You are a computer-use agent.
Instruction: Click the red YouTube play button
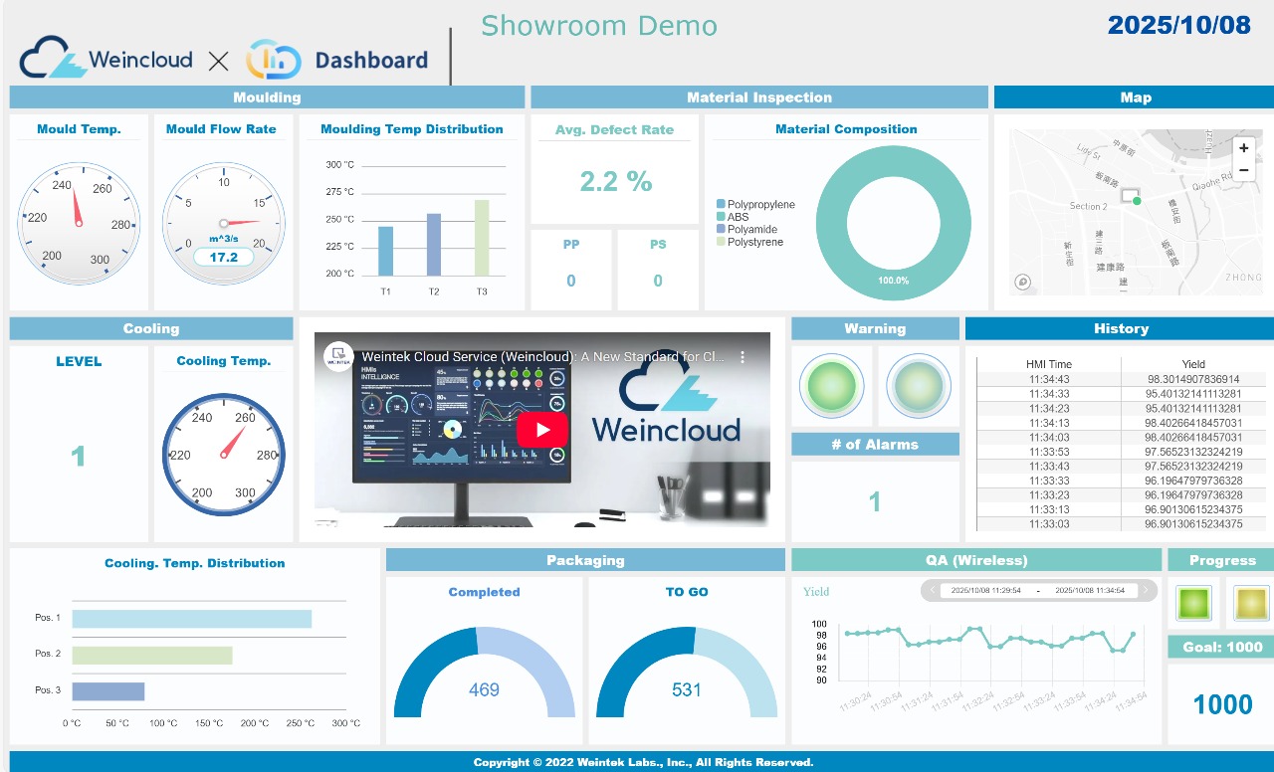541,430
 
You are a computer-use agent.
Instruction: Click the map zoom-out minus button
1243,170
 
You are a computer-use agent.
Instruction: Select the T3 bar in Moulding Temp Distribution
482,238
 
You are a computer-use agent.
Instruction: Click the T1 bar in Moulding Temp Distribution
385,251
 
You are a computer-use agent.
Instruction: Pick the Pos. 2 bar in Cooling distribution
152,656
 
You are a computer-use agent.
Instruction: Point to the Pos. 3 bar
108,691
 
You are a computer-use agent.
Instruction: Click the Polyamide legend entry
752,229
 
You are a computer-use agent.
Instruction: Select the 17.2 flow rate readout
224,257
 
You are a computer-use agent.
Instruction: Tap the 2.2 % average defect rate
616,181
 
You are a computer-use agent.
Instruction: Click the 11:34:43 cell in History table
1049,379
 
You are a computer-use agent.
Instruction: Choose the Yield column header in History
1193,364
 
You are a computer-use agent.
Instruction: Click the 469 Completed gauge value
484,689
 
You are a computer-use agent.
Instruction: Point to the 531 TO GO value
687,689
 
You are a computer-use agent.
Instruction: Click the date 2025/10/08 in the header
1178,26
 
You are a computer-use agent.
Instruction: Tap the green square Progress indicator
1192,603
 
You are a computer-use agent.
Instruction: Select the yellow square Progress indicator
1250,603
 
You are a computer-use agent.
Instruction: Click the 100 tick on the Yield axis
821,624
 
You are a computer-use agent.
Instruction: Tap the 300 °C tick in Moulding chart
340,165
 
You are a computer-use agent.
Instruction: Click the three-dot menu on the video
742,356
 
